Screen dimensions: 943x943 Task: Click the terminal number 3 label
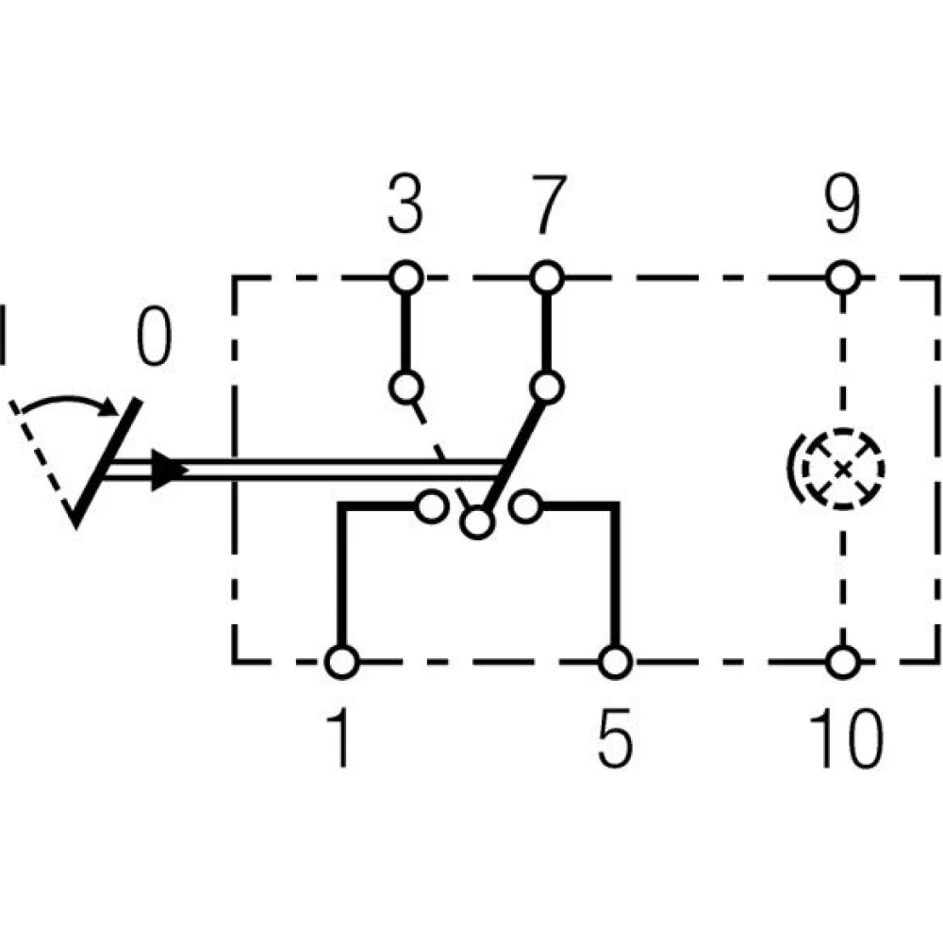405,209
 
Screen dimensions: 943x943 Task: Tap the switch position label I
6,334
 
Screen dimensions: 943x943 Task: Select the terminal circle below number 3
405,278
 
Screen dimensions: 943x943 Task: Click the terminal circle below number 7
546,278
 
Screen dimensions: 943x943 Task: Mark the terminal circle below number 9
843,278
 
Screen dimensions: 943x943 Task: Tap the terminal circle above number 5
615,662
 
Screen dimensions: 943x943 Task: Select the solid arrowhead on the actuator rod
164,469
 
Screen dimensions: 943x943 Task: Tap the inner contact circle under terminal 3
405,387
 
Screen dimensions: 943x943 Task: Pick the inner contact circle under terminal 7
546,387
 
